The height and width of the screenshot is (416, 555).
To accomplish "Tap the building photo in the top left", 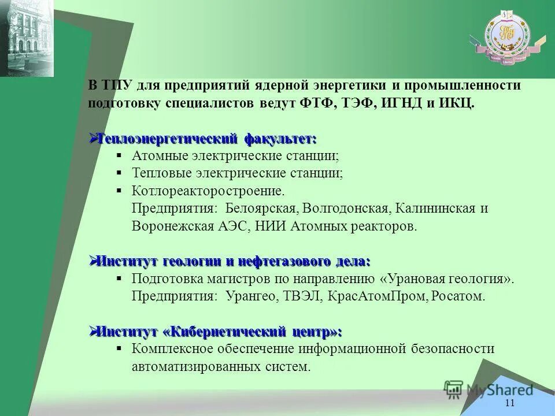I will pos(27,38).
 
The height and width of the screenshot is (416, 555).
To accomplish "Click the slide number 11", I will pos(509,403).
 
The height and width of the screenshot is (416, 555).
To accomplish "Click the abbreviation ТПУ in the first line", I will pos(117,86).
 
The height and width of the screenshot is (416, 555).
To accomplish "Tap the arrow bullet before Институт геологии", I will pos(92,261).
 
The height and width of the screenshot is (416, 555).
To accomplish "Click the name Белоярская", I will pos(261,207).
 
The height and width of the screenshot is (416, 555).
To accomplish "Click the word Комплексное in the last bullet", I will pos(173,349).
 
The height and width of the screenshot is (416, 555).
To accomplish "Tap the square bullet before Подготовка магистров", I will pos(119,278).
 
